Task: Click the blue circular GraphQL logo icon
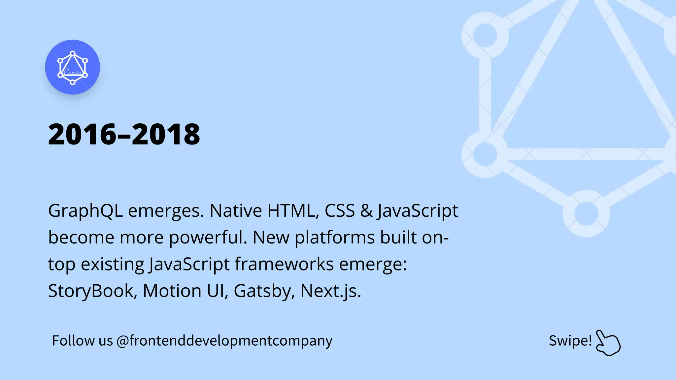click(x=72, y=67)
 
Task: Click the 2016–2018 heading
click(x=124, y=134)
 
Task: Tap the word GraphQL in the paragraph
click(x=85, y=211)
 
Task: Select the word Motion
click(x=172, y=291)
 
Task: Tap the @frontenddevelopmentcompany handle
click(x=224, y=341)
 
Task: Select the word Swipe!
click(x=570, y=341)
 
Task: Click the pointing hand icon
click(x=608, y=343)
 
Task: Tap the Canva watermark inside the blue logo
click(x=72, y=72)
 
